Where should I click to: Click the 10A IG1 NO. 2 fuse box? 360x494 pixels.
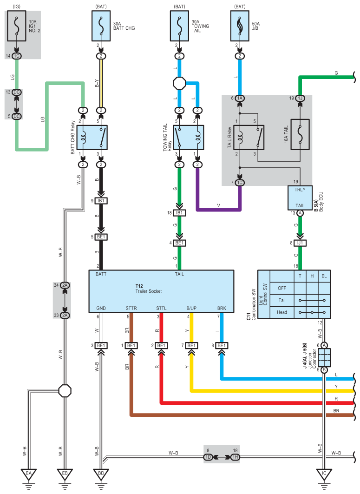coord(16,26)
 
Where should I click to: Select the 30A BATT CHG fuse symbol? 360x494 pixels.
coord(101,26)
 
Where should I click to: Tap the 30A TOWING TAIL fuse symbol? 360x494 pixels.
coord(179,26)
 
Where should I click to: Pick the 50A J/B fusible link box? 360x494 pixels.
coord(240,26)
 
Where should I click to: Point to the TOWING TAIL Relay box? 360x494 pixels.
coord(188,138)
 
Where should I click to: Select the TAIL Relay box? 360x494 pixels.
coord(249,138)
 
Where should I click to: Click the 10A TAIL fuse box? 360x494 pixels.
coord(300,134)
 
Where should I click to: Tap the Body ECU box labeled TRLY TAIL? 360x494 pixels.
coord(300,198)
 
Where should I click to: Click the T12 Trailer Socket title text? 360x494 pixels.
coord(149,289)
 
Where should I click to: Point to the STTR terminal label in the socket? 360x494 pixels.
coord(131,308)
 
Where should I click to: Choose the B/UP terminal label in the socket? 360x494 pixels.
coord(191,308)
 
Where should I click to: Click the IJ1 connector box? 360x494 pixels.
coord(300,243)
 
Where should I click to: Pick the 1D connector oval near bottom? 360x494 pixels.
coord(209,457)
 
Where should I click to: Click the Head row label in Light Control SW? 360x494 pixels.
coord(282,312)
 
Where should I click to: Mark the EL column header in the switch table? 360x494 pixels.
coord(324,276)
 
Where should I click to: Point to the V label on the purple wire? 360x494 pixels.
coord(219,205)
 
